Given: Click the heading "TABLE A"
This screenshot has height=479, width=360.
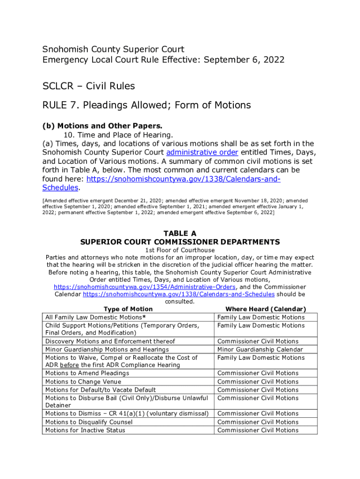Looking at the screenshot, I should coord(180,233).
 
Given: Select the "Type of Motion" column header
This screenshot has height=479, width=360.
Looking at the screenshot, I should coord(128,309).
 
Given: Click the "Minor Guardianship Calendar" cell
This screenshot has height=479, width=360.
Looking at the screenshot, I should coord(260,349).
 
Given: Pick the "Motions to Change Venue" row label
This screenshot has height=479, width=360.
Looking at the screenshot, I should coord(83,382).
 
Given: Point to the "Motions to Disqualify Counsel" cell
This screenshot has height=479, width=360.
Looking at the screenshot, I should coord(89,422).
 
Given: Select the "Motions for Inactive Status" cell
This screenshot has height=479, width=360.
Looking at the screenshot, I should coord(85,430).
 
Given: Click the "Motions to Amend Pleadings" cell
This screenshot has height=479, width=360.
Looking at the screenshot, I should coord(87,373).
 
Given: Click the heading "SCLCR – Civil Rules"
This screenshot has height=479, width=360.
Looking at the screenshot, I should coord(89,86).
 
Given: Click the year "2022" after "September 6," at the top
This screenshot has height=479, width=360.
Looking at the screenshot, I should coord(274,60).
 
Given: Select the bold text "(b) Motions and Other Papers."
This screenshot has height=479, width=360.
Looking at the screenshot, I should coord(102,126).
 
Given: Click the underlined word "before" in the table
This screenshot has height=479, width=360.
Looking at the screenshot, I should coord(69,365).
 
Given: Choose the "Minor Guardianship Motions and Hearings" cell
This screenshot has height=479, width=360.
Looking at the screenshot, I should coord(107,349).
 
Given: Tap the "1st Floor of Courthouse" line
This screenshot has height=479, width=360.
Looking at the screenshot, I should coord(180,250).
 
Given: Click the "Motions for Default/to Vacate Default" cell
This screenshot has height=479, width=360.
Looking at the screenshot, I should coord(101,390).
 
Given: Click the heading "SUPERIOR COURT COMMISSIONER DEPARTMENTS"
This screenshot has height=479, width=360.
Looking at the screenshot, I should coord(180,242).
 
